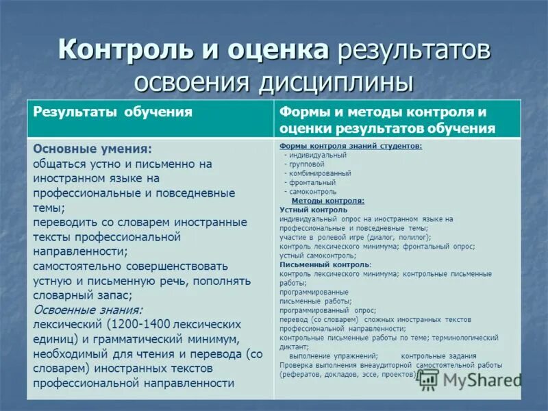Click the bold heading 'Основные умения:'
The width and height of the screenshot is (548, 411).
(x=92, y=148)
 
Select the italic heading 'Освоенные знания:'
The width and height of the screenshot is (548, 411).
(x=87, y=309)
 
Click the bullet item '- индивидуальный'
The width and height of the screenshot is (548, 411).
(x=315, y=155)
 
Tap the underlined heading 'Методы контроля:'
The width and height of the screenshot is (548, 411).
(x=328, y=201)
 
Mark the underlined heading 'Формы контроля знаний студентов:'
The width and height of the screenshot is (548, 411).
(x=351, y=146)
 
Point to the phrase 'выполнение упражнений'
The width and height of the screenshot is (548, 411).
(x=334, y=356)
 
